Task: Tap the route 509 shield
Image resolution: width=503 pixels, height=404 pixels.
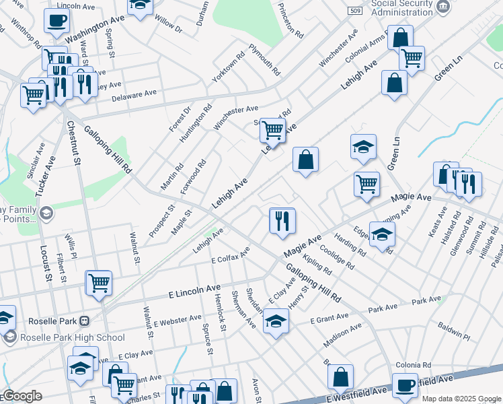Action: tap(355, 11)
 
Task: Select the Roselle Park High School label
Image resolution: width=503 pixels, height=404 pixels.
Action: tap(72, 337)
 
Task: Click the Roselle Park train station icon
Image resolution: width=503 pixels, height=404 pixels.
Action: tap(85, 321)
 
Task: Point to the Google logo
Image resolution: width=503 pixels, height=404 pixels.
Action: tap(22, 396)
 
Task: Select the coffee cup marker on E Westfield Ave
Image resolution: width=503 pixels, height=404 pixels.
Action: tap(405, 385)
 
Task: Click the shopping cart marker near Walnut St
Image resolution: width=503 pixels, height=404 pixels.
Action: tap(99, 283)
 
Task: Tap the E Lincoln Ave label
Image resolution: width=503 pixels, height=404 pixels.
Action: tap(190, 294)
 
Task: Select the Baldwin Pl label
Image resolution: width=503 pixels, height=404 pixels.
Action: tap(453, 331)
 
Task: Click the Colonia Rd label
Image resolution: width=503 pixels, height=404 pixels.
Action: tap(414, 364)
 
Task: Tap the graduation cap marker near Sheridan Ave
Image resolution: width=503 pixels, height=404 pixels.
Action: tap(276, 321)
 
